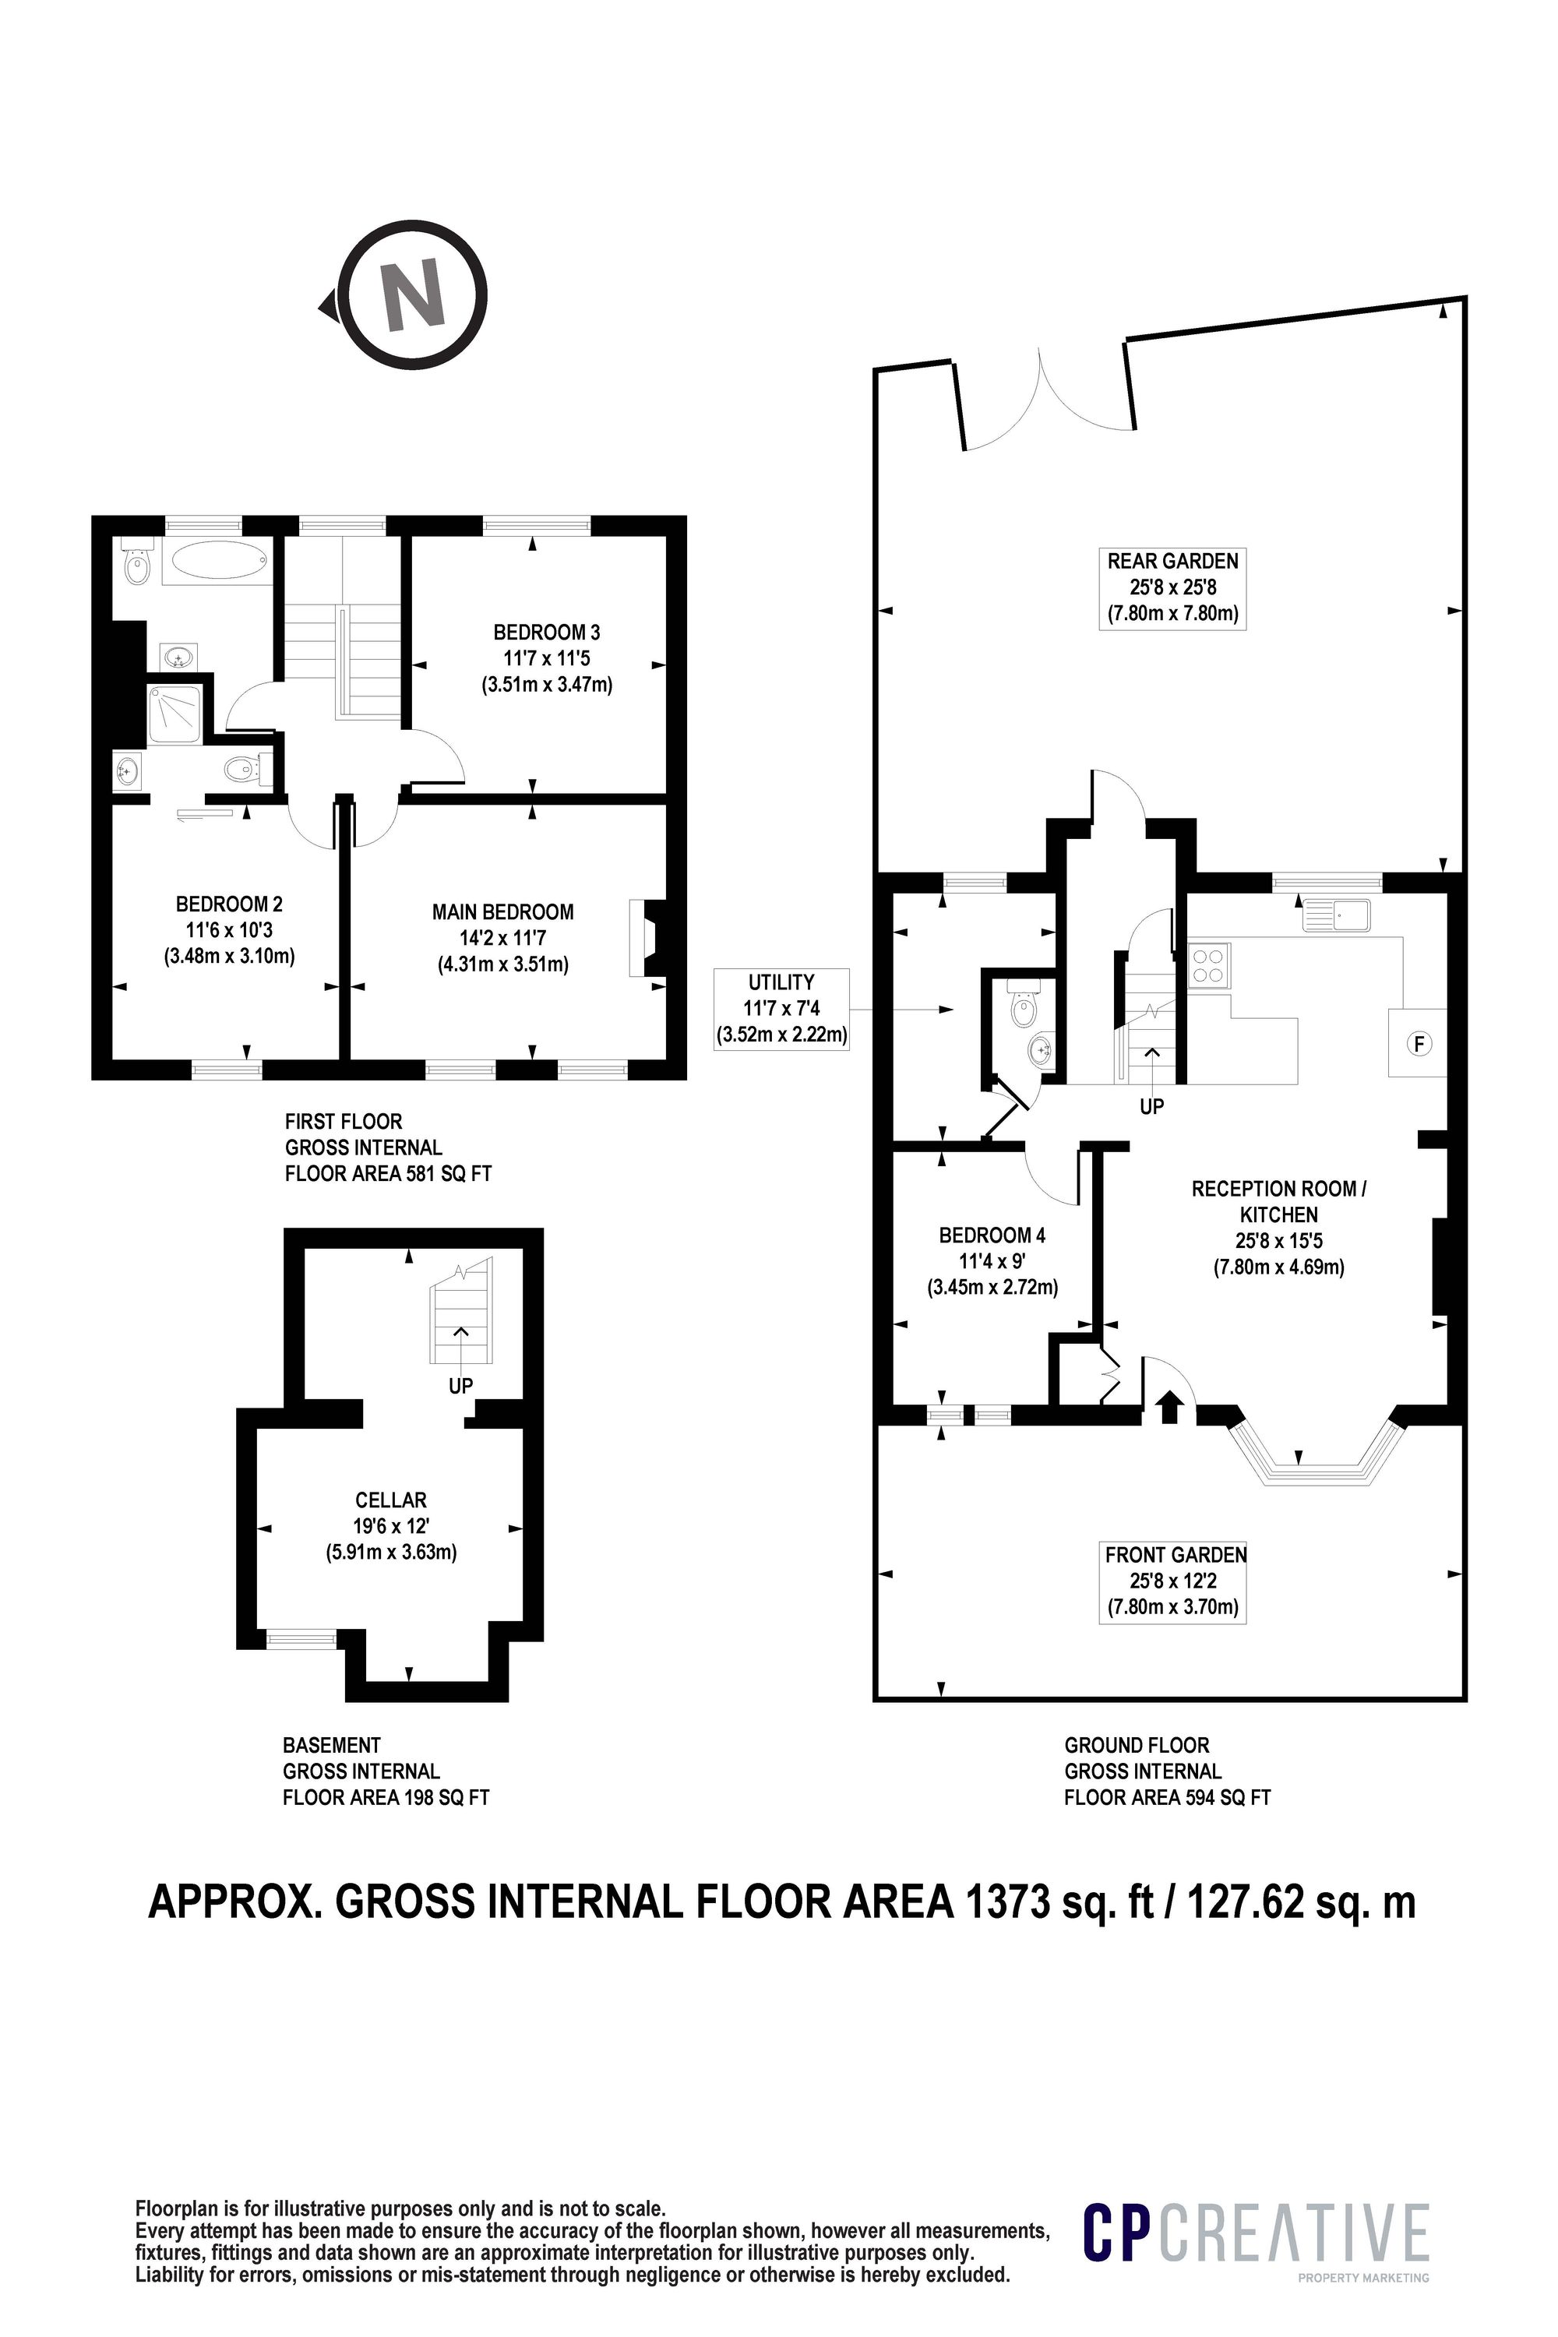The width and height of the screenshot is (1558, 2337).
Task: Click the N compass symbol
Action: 415,294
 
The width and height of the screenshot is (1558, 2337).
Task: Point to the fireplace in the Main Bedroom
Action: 644,938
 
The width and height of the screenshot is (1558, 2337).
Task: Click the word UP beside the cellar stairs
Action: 460,1385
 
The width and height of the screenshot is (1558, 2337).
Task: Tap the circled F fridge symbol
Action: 1419,1043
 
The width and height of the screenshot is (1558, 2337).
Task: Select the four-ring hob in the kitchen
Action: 1207,966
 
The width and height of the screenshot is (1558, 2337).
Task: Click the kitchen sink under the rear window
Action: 1337,914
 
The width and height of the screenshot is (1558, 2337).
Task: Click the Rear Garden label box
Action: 1173,587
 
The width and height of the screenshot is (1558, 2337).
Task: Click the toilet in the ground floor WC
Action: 1021,1006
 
